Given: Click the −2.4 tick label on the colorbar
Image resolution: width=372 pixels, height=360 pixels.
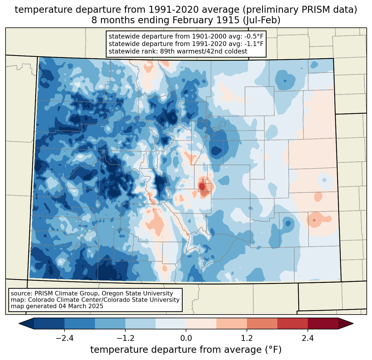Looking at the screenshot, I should [64, 338].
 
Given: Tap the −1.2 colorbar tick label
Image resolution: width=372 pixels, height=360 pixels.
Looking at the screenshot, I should [125, 338].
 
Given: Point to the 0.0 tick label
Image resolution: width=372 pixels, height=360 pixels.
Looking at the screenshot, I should [186, 338].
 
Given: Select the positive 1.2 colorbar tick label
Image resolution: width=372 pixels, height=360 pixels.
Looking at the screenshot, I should [247, 338].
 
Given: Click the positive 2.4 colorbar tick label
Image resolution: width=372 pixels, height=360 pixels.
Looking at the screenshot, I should [308, 338].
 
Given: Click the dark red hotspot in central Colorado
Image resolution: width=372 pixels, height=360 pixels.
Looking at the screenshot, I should [202, 187].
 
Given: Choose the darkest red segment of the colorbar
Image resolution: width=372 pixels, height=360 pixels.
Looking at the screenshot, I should [323, 323].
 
